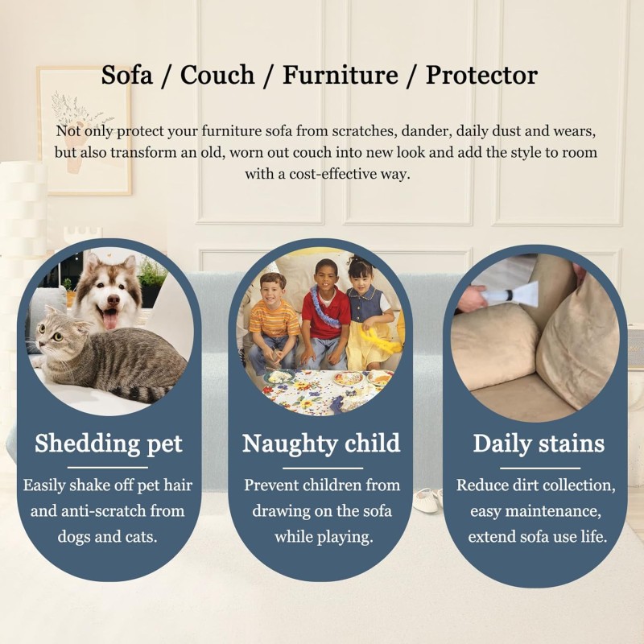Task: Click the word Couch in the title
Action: pos(217,75)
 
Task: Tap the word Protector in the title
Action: pos(481,75)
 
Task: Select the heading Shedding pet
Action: pos(109,444)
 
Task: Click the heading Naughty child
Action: pos(321,444)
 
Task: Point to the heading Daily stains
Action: pos(539,444)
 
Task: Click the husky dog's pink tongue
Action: pos(110,319)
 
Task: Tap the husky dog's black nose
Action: pos(113,301)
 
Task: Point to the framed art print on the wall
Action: pos(85,130)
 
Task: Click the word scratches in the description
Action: pos(363,131)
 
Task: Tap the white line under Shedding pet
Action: pos(108,468)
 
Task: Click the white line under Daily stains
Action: pos(539,468)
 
